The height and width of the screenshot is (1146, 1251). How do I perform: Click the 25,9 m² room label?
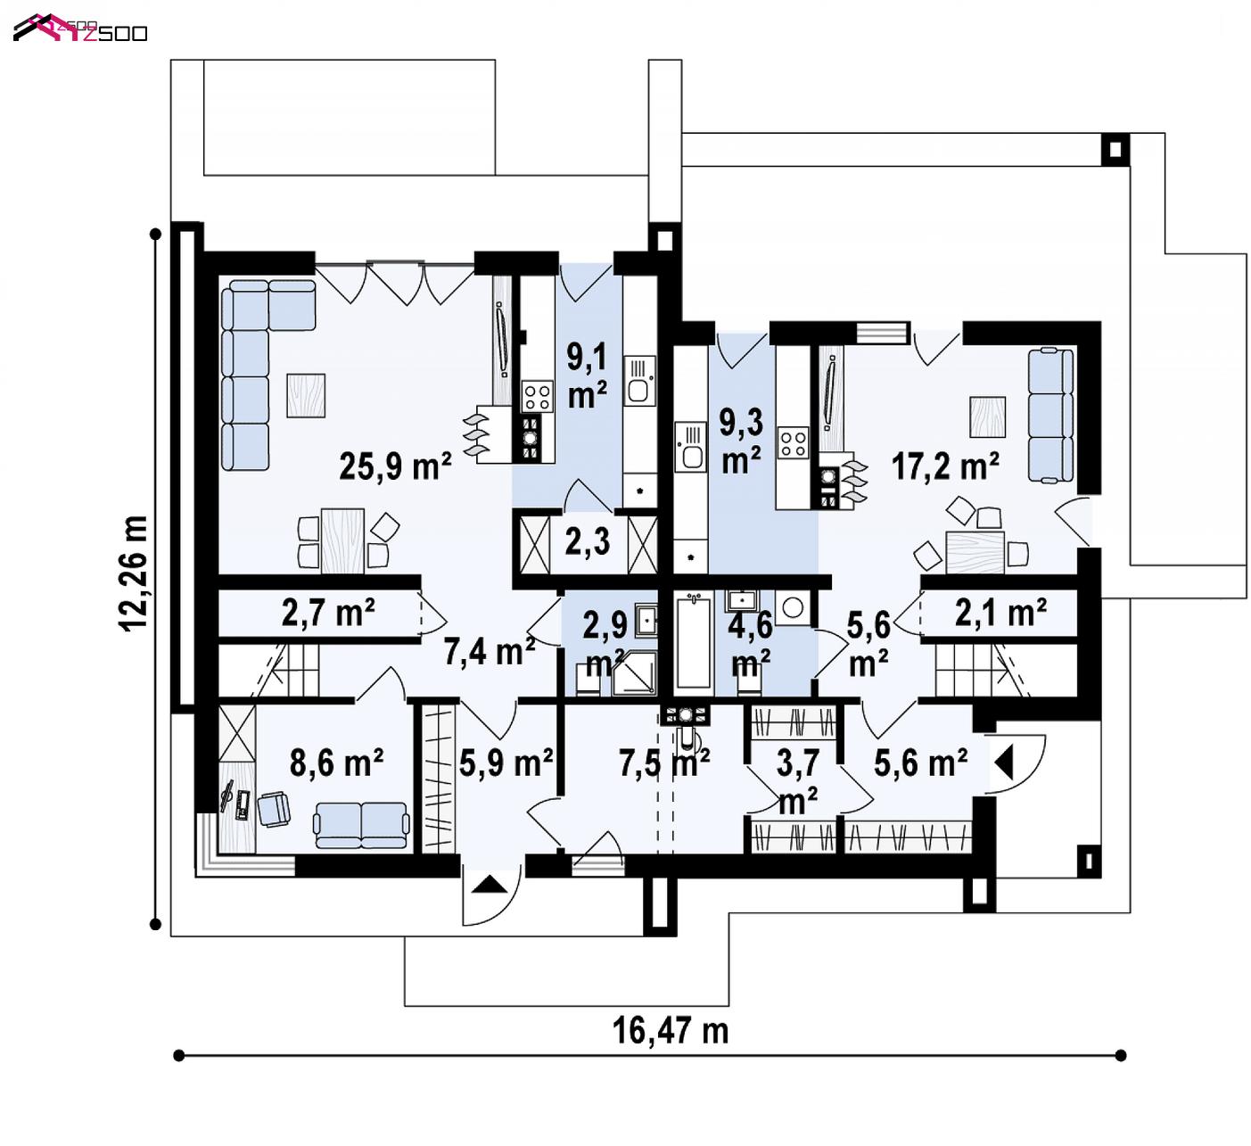(395, 466)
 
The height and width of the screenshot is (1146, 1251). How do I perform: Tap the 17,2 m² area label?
(945, 466)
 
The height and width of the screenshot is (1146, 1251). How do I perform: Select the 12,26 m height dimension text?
(134, 574)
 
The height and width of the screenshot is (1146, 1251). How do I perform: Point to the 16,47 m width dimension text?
(670, 1031)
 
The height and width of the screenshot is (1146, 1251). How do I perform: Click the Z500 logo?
(80, 29)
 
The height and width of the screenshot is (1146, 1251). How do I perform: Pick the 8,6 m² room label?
(336, 763)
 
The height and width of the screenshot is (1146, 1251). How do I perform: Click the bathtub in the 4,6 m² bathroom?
(694, 642)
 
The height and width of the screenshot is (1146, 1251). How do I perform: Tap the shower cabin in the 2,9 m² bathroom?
(634, 673)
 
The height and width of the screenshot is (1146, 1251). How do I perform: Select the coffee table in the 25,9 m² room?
(306, 395)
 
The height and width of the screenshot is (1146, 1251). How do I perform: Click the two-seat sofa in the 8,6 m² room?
(361, 825)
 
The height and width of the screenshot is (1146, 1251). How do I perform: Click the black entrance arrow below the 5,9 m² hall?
(490, 884)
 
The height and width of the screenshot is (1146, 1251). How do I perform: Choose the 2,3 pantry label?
(588, 541)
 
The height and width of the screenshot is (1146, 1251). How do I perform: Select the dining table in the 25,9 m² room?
(342, 540)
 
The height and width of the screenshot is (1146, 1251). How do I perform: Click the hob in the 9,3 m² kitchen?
(794, 443)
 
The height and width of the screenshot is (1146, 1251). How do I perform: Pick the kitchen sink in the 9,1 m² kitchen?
(639, 381)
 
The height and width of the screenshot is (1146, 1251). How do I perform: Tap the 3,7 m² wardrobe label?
(798, 781)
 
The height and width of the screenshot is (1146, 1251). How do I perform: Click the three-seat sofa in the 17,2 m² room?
(1050, 416)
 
